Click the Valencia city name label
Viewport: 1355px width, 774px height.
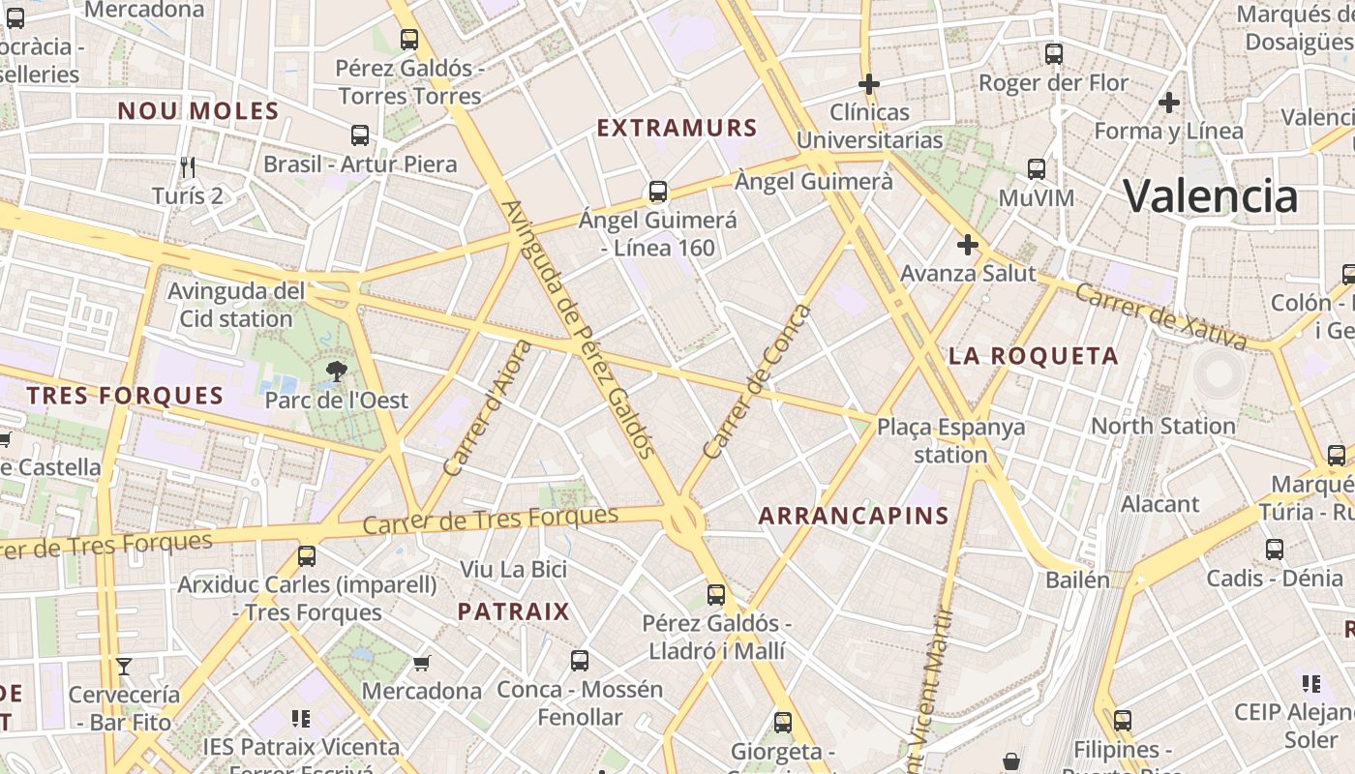point(1210,196)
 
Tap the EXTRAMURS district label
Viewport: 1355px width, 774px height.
point(677,128)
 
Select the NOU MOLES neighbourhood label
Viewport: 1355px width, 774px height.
point(198,111)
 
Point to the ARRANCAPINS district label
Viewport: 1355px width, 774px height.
point(854,516)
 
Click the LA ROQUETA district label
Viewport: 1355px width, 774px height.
point(1034,356)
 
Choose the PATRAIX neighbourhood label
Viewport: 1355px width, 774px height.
point(514,611)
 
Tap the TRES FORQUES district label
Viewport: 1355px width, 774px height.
point(125,396)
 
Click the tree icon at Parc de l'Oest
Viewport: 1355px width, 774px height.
point(336,370)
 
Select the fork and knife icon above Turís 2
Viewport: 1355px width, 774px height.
point(188,167)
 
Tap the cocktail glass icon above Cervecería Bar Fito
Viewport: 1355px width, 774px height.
point(124,666)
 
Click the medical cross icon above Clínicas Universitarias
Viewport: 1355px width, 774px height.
point(869,84)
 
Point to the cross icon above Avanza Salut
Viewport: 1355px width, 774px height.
point(967,245)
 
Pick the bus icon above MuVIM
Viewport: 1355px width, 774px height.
point(1037,169)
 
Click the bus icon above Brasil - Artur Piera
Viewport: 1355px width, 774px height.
point(360,135)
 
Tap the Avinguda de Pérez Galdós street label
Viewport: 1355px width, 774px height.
point(579,329)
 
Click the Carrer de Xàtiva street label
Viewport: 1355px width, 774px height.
point(1160,316)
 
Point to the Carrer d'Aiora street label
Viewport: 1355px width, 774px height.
point(487,407)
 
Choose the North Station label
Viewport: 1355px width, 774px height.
point(1162,426)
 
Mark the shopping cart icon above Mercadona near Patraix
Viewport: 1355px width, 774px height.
point(421,663)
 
